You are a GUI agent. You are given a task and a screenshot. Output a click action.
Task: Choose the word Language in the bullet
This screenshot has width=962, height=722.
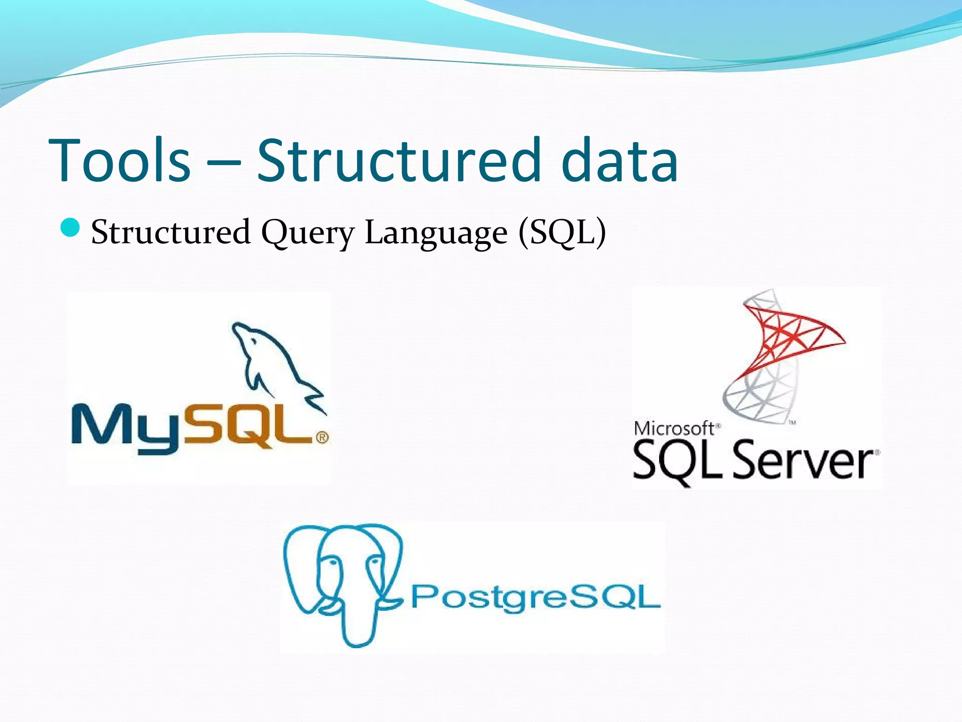tap(436, 233)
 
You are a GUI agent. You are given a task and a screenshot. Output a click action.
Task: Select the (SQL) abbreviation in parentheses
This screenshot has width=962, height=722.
tap(562, 232)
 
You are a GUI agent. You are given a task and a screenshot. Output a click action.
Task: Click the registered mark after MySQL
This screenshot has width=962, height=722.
tap(322, 438)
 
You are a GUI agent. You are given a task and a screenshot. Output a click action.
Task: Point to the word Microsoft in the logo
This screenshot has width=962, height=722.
tap(674, 428)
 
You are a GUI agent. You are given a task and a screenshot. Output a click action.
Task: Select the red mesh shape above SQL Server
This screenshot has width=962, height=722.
tap(789, 334)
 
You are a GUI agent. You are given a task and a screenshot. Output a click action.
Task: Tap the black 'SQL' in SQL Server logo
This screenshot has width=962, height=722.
tap(676, 461)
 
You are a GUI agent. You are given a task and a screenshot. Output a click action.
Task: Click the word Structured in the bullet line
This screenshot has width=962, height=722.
tap(170, 232)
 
